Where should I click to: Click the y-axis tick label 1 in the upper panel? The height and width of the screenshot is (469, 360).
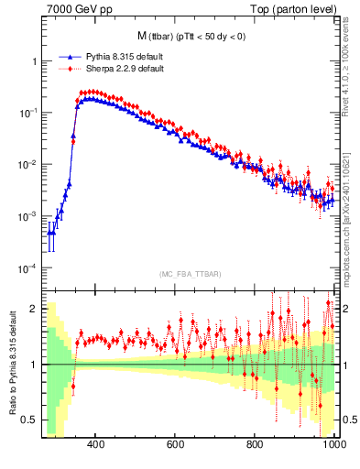(34, 61)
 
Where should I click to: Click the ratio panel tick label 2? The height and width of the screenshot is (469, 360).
(34, 309)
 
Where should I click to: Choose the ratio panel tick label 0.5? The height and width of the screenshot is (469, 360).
(30, 420)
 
